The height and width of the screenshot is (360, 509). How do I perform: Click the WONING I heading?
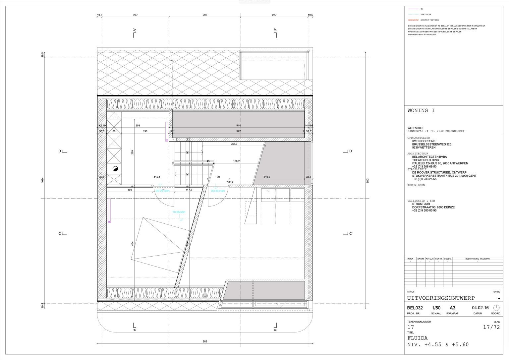tap(421, 111)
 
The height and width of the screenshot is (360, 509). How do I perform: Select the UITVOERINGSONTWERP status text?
tap(441, 298)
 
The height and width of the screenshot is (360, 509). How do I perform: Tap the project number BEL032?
tap(415, 308)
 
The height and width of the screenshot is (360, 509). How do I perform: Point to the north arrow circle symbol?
tap(496, 308)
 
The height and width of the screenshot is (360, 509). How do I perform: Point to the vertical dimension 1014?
tap(43, 180)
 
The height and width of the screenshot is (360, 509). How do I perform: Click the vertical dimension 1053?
tap(367, 180)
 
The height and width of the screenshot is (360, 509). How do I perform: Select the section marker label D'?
tap(350, 151)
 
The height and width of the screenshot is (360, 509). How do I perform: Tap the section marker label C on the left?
tap(60, 234)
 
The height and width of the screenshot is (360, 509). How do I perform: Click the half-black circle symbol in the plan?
tap(115, 169)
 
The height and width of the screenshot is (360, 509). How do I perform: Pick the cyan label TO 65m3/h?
tap(178, 212)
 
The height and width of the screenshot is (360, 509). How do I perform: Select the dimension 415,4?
tap(157, 177)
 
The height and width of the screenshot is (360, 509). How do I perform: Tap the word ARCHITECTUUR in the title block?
tap(418, 154)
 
